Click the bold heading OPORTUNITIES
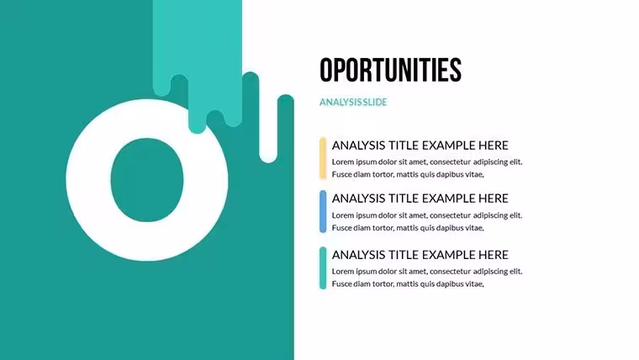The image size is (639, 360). coord(390,70)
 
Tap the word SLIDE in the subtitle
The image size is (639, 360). coord(375,103)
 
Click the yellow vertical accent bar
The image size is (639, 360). coord(323,158)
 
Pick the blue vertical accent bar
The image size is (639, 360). coord(323,212)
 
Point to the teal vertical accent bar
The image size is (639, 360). coord(323,267)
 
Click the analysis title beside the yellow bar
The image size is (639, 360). coord(420,146)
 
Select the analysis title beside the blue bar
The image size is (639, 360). coord(420,199)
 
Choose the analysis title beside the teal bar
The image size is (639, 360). coord(420,255)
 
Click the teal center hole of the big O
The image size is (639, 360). coord(147,180)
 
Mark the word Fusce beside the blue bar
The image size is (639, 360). coord(341,228)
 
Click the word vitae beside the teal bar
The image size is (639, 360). coord(474,284)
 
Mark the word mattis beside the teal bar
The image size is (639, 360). coord(407,284)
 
